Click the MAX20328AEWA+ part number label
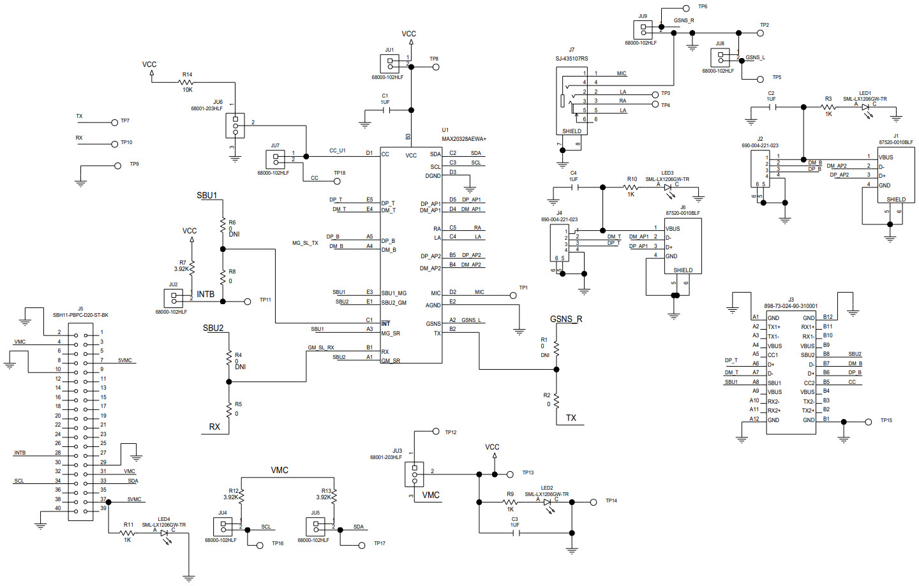tap(464, 139)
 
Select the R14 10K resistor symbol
tap(186, 82)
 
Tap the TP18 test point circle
tap(338, 181)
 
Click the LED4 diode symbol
tap(164, 532)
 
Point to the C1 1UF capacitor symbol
tap(385, 110)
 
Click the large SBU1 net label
tap(207, 196)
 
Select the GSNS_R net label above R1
tap(566, 319)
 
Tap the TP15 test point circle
tap(868, 421)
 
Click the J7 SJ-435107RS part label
tap(572, 59)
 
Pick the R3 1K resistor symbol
tap(828, 107)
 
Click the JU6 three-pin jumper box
tap(235, 126)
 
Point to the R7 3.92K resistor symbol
tap(191, 268)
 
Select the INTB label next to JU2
tap(205, 294)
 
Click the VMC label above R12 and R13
tap(280, 470)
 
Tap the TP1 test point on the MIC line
tap(512, 295)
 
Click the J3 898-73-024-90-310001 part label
tap(791, 306)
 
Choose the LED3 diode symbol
tap(668, 187)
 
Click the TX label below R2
tap(571, 418)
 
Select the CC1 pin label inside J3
tap(773, 355)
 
